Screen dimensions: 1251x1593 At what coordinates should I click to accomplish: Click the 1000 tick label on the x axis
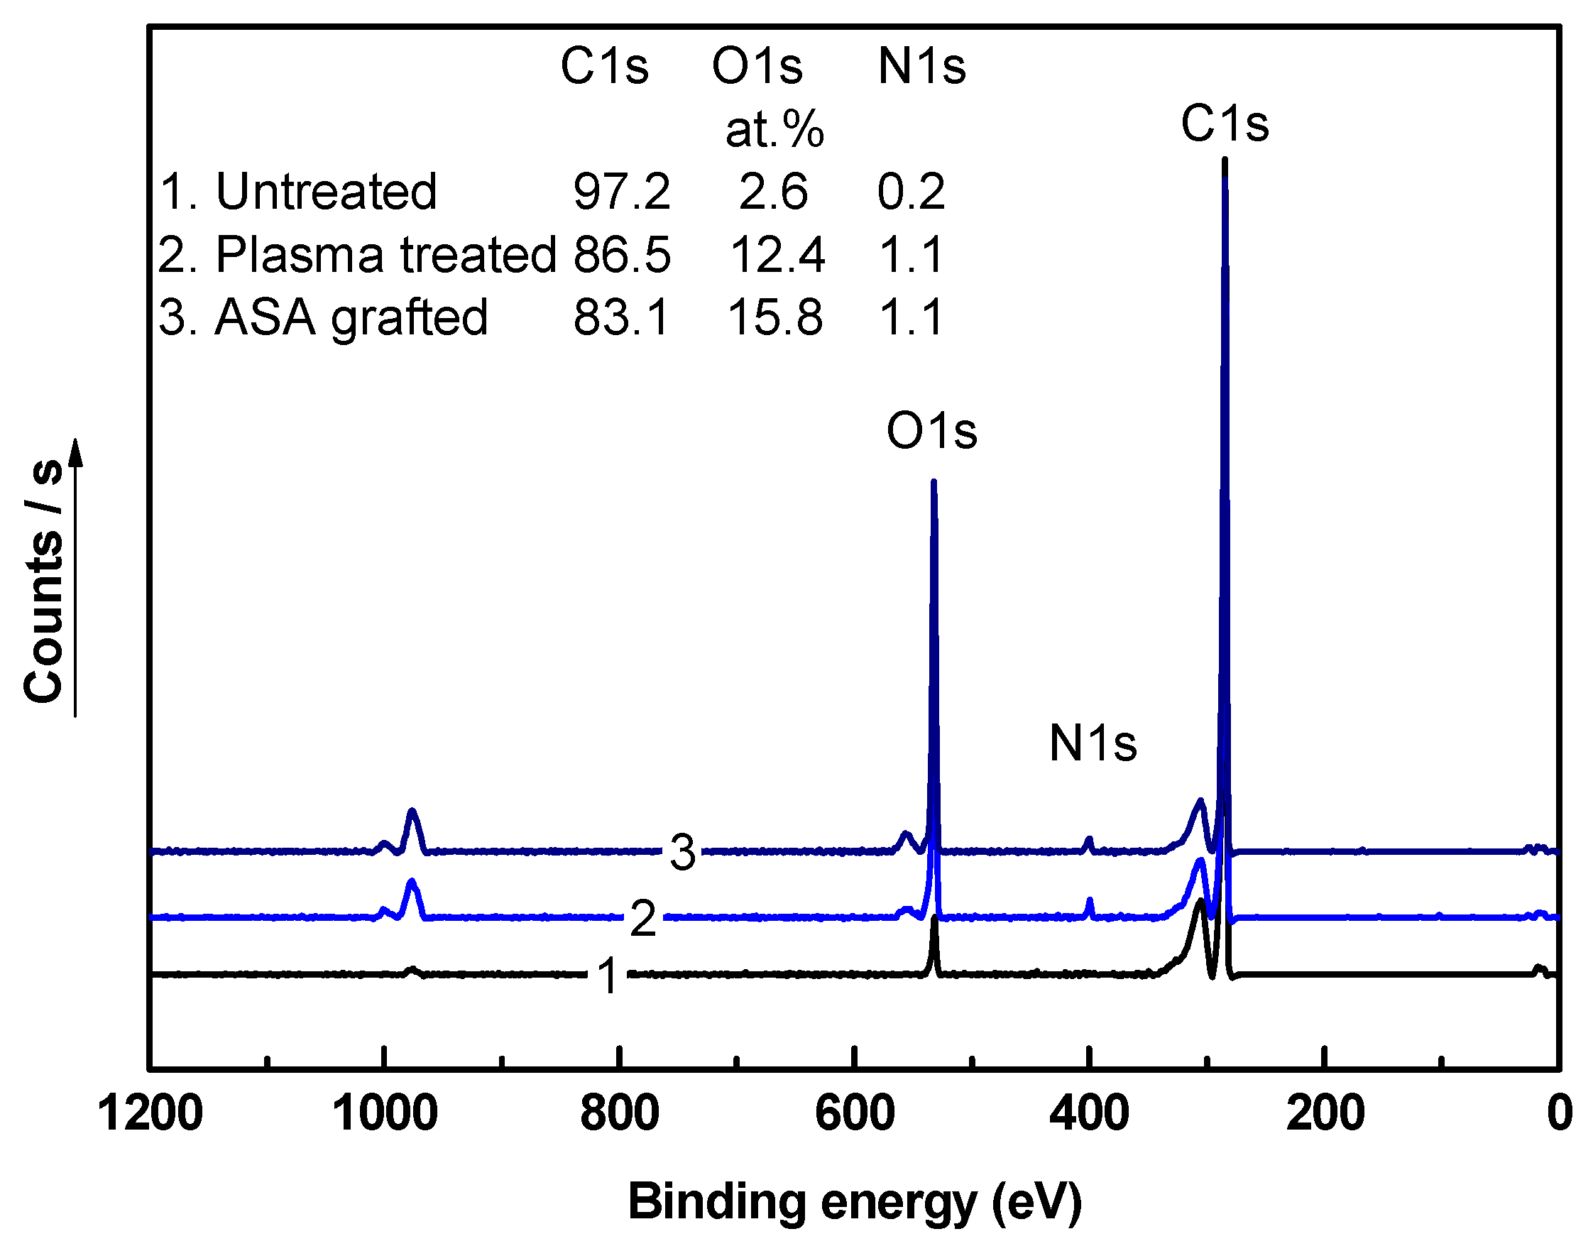(385, 1115)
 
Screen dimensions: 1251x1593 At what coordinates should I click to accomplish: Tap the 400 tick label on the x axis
(1089, 1115)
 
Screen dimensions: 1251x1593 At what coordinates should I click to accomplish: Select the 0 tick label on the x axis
(1560, 1115)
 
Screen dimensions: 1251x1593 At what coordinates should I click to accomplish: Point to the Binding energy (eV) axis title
(855, 1201)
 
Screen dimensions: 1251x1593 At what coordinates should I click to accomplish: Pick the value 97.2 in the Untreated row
(621, 192)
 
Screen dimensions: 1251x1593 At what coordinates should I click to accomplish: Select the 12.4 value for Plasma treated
(777, 255)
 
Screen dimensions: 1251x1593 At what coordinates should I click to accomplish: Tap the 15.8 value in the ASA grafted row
(775, 318)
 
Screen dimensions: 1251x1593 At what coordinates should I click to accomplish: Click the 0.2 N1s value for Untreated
(911, 192)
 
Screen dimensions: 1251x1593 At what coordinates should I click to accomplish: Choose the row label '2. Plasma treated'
(356, 255)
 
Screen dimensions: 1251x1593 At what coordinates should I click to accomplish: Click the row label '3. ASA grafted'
(323, 318)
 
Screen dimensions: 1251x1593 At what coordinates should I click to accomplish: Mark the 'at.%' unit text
(775, 130)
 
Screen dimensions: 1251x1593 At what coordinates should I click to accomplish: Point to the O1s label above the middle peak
(931, 431)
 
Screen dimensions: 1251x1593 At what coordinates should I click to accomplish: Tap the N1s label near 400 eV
(1093, 743)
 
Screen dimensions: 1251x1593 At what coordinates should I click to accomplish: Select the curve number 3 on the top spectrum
(683, 853)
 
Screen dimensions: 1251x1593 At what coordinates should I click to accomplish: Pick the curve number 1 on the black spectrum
(608, 976)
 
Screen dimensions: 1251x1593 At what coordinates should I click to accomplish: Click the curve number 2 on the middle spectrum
(643, 919)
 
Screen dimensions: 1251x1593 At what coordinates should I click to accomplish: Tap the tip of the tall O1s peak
(933, 482)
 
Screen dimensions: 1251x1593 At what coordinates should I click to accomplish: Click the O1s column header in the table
(757, 67)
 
